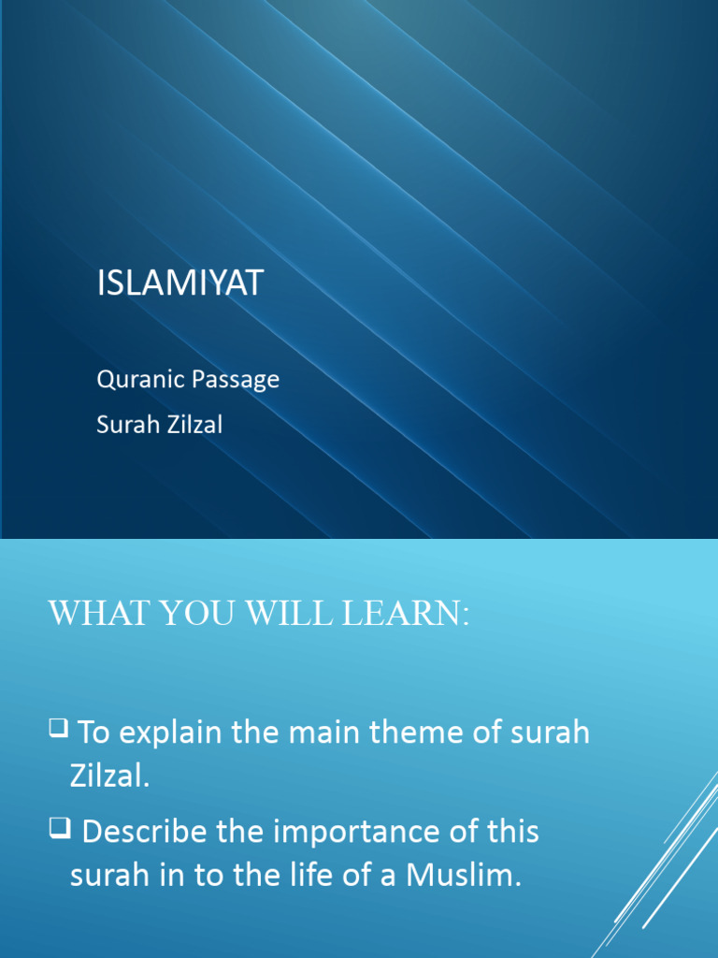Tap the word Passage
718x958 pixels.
(237, 380)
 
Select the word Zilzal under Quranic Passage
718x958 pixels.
(194, 425)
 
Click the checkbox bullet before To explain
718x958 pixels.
(58, 727)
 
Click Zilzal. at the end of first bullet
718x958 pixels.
(109, 777)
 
